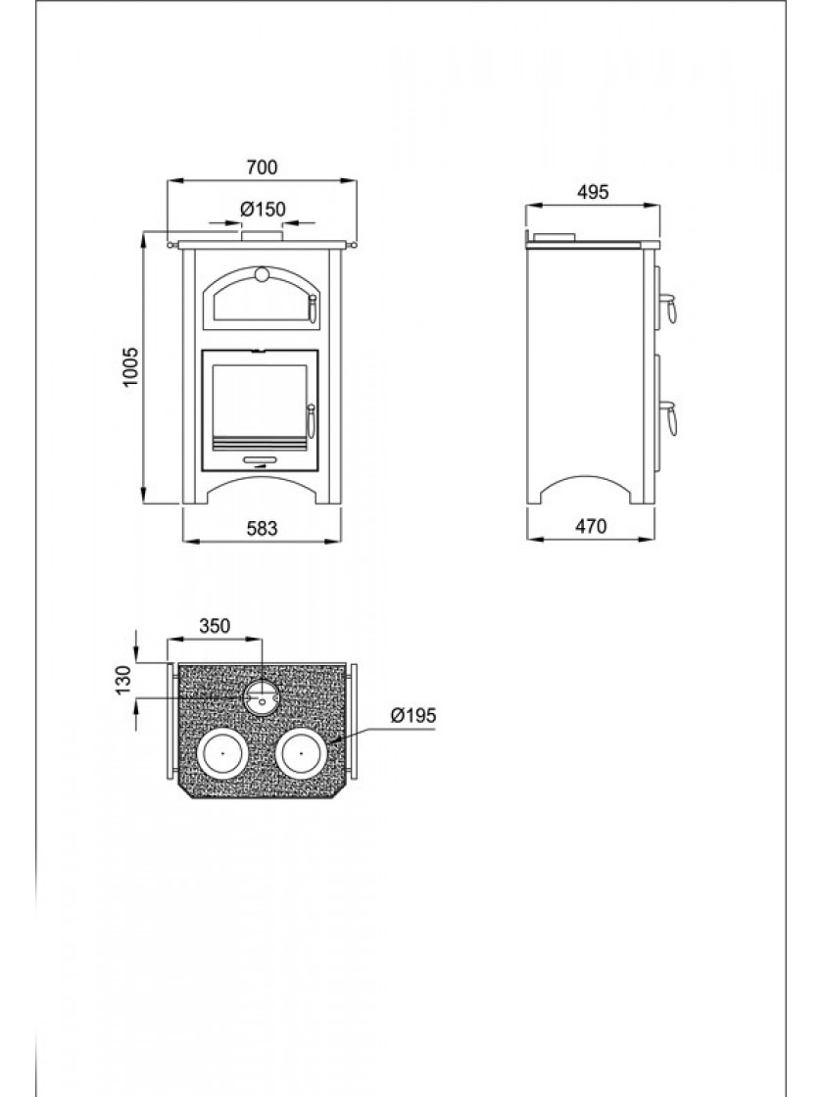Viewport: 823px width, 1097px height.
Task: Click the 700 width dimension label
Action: (262, 167)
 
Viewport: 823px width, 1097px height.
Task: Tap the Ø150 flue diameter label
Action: (263, 209)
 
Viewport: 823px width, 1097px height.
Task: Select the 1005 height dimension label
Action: (131, 367)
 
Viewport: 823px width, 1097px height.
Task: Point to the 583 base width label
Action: (263, 528)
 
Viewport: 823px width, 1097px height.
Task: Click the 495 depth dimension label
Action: (593, 192)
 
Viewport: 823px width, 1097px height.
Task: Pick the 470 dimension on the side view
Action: (591, 526)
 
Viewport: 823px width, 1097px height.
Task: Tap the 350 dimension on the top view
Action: (215, 626)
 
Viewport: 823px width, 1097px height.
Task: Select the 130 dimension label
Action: (123, 680)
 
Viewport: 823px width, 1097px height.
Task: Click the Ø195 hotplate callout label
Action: (412, 715)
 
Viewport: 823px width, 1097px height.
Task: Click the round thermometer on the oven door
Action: (263, 273)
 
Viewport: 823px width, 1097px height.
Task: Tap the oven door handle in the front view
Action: (313, 307)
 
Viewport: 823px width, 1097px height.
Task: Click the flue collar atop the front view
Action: (263, 236)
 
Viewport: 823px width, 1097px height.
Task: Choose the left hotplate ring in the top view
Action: (221, 753)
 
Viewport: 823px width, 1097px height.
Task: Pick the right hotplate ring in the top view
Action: (301, 753)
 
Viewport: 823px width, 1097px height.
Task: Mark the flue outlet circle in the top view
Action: (262, 696)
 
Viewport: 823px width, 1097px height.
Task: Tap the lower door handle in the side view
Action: (668, 417)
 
